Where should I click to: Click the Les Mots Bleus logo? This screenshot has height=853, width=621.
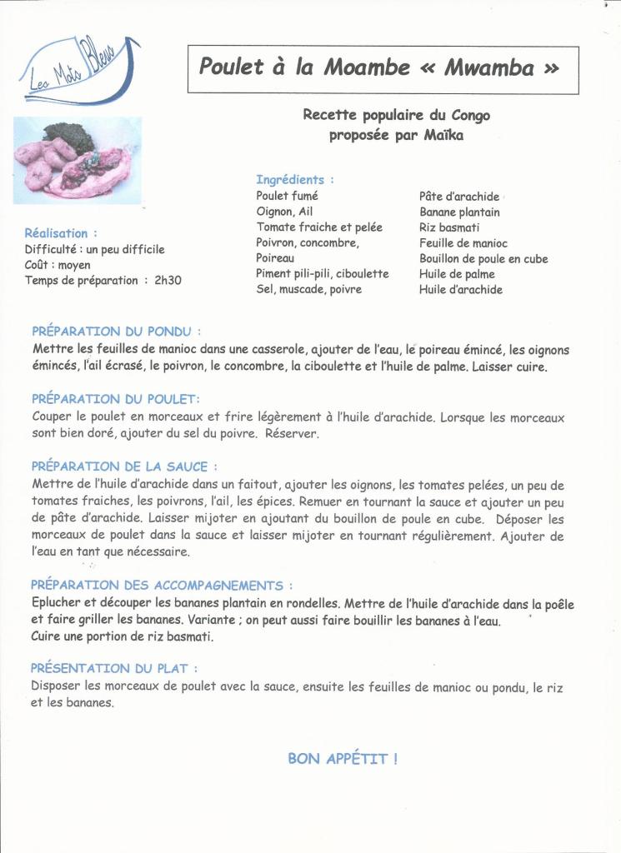point(77,71)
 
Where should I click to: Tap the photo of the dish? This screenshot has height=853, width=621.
point(78,160)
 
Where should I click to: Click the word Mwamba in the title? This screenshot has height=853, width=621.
point(489,67)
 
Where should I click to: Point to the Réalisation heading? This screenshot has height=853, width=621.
point(61,233)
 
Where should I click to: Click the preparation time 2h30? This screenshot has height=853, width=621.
point(168,281)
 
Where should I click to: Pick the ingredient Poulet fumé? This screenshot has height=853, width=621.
point(287,196)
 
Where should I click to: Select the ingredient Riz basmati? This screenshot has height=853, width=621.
point(449,227)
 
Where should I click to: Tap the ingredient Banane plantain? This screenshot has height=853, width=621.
point(459,212)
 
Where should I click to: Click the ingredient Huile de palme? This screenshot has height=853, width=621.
point(457,274)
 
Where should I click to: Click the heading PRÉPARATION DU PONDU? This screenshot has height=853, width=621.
point(116,331)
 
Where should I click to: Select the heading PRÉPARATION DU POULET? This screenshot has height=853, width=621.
point(116,399)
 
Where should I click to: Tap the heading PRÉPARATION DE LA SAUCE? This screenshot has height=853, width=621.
point(125,466)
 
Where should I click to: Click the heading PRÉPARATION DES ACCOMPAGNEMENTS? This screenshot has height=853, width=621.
point(162,586)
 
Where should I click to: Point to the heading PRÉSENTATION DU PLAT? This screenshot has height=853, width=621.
point(114,668)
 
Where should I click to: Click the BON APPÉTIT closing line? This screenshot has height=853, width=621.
point(343,758)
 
